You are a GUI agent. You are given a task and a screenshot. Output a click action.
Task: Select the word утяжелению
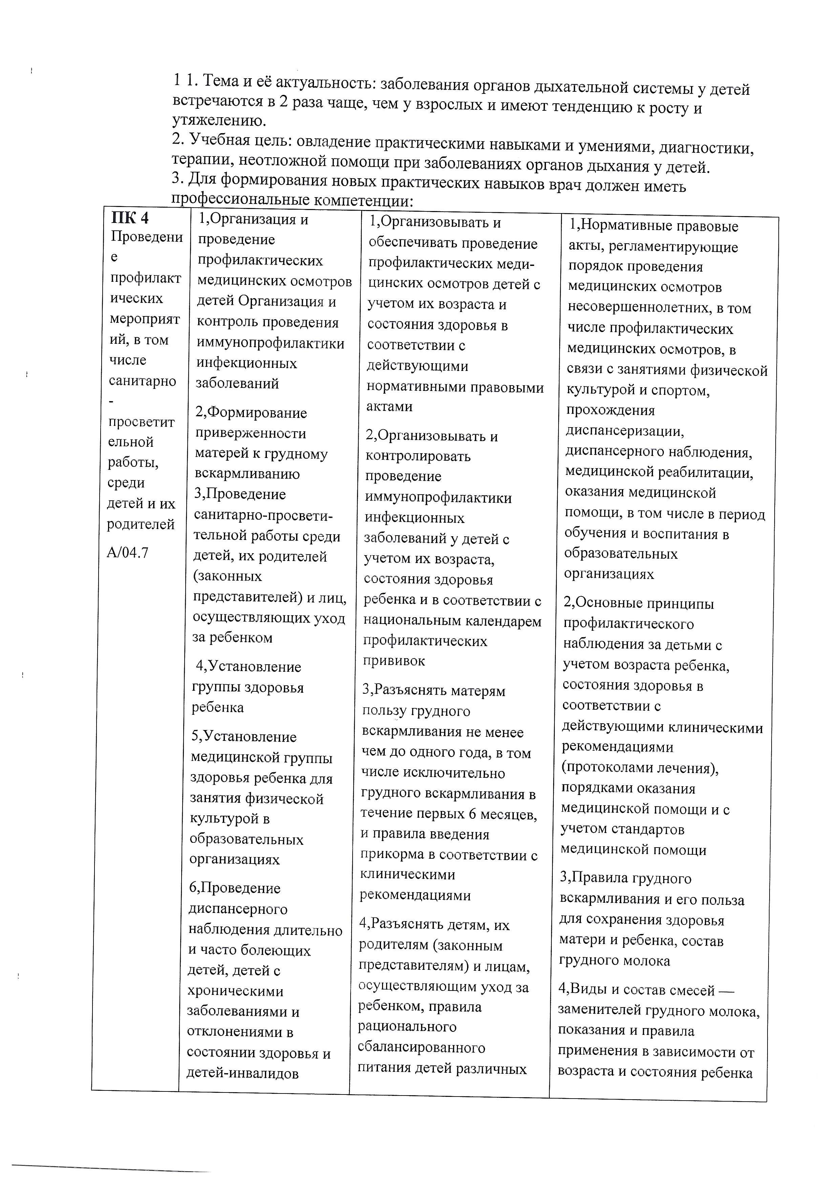point(219,121)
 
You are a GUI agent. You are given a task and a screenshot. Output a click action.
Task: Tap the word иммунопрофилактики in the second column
point(270,343)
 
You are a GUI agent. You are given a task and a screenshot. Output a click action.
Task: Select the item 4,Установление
point(248,667)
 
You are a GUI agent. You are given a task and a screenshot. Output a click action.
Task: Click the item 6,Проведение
point(235,888)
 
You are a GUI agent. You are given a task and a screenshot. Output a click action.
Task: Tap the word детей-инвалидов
point(243,1073)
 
